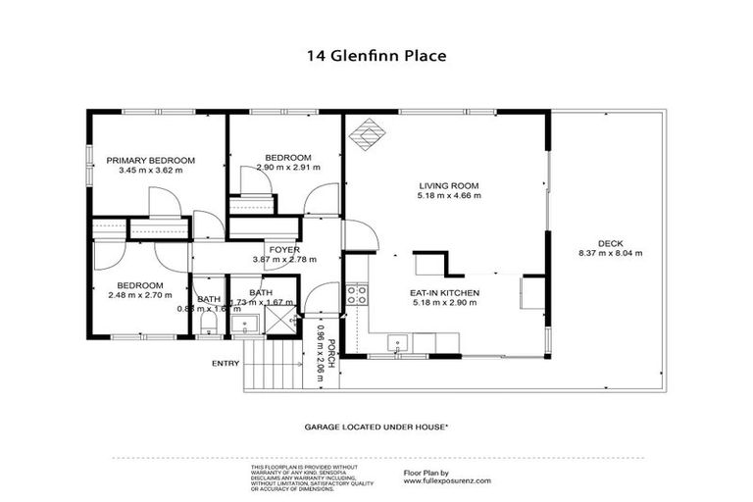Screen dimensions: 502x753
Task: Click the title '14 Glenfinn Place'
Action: [x=376, y=56]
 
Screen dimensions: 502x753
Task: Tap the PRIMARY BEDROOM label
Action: [x=151, y=160]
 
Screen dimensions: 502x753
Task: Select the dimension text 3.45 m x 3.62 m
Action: [x=151, y=171]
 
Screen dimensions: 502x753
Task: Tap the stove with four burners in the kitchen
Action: [x=358, y=291]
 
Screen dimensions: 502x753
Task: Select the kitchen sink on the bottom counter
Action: [x=397, y=342]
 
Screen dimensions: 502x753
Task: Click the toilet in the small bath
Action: [x=207, y=323]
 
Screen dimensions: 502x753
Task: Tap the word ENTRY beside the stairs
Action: [x=225, y=364]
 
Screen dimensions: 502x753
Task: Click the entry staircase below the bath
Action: [x=274, y=363]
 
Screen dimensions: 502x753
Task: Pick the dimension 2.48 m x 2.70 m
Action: [x=135, y=295]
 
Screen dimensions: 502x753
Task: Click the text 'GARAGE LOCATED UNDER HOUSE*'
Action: [x=376, y=427]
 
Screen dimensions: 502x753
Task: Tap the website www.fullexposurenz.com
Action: [x=447, y=481]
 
